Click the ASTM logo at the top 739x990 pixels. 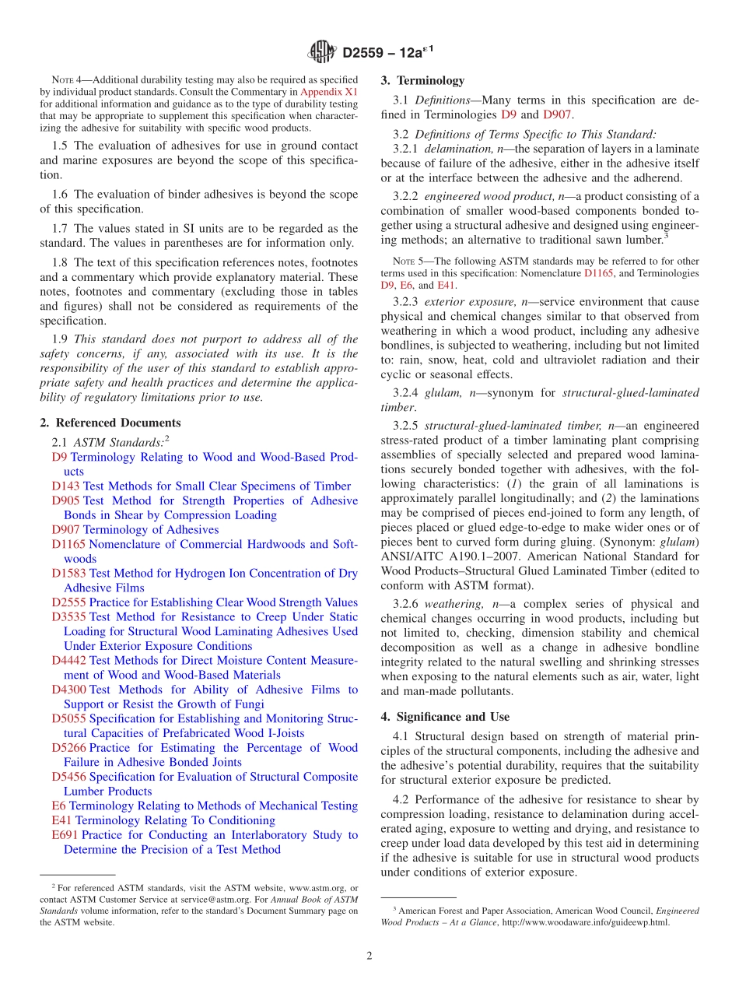pyautogui.click(x=320, y=53)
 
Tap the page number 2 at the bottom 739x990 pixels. pyautogui.click(x=369, y=956)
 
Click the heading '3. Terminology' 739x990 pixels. pyautogui.click(x=422, y=80)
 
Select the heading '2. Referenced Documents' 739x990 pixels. pyautogui.click(x=110, y=423)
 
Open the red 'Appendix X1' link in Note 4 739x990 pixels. pyautogui.click(x=329, y=91)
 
